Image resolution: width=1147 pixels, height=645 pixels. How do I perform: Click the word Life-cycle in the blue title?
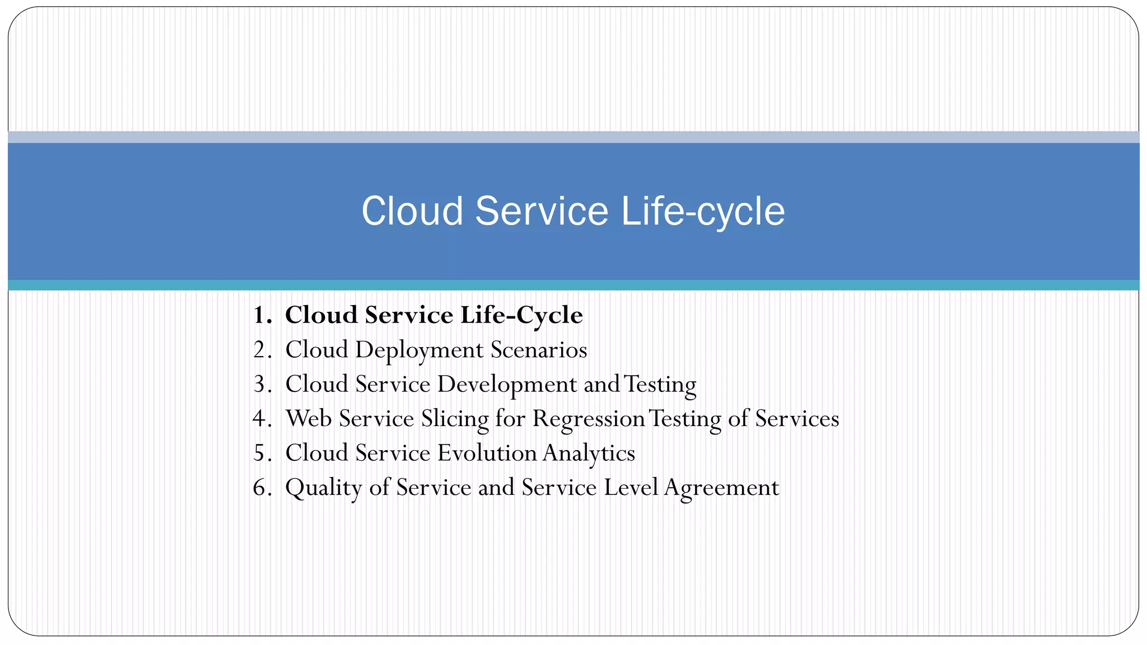(x=703, y=212)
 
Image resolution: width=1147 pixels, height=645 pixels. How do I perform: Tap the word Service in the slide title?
(x=542, y=212)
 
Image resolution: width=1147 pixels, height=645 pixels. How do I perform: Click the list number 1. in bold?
(x=262, y=315)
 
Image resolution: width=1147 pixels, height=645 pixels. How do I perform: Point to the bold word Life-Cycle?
(x=521, y=315)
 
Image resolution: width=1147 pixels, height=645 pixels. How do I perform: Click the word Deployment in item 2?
(x=419, y=350)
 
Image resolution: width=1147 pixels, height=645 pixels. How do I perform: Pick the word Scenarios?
(x=539, y=350)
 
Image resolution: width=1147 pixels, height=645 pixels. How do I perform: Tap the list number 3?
(x=262, y=385)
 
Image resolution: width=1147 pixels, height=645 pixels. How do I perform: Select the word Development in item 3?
(x=507, y=385)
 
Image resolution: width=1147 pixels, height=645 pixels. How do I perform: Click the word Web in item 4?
(x=309, y=419)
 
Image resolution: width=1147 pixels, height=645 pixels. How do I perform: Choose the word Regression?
(x=589, y=419)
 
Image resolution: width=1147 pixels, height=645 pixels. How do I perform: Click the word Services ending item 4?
(x=797, y=419)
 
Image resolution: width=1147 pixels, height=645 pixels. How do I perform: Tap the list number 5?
(x=262, y=454)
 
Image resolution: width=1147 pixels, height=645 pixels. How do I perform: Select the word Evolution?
(x=487, y=453)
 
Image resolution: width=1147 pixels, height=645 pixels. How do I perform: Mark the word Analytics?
(x=589, y=454)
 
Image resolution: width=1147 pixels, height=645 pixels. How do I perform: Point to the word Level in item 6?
(x=631, y=488)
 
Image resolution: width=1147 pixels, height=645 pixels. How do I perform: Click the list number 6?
(x=262, y=488)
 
